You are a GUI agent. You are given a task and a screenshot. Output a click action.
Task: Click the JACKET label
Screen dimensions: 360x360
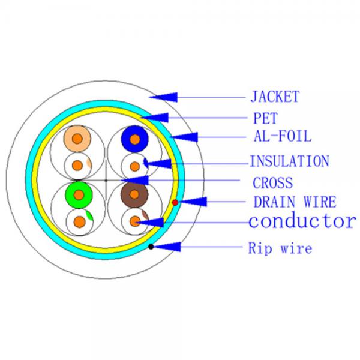pyautogui.click(x=275, y=97)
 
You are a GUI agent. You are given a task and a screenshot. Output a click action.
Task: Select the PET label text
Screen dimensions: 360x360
pyautogui.click(x=265, y=118)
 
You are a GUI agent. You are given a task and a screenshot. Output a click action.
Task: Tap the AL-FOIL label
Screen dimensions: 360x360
pyautogui.click(x=283, y=136)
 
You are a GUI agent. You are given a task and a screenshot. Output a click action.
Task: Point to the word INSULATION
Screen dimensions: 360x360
pyautogui.click(x=290, y=161)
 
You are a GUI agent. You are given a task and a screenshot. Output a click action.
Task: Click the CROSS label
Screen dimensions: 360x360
pyautogui.click(x=273, y=183)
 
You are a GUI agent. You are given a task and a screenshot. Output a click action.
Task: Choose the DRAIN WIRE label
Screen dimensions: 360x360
pyautogui.click(x=295, y=202)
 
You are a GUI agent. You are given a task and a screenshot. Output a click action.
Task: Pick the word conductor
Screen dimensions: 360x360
pyautogui.click(x=302, y=221)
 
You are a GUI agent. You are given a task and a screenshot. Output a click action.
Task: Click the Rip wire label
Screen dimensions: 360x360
pyautogui.click(x=280, y=248)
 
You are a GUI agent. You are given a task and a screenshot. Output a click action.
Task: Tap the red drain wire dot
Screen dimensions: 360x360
pyautogui.click(x=175, y=203)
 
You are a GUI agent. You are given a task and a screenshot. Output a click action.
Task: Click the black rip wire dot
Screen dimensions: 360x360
pyautogui.click(x=151, y=247)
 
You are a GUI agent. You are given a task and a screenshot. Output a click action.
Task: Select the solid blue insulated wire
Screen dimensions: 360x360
pyautogui.click(x=135, y=139)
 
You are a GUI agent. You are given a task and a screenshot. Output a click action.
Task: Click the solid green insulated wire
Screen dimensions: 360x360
pyautogui.click(x=79, y=194)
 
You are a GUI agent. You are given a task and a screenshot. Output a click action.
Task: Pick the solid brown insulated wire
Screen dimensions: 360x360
pyautogui.click(x=134, y=194)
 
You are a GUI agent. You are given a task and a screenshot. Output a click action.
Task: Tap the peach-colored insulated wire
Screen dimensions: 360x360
pyautogui.click(x=77, y=139)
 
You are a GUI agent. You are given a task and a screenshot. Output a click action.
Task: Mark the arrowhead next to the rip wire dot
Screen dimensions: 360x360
pyautogui.click(x=167, y=247)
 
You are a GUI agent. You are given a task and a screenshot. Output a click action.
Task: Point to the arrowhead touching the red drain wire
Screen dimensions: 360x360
pyautogui.click(x=193, y=202)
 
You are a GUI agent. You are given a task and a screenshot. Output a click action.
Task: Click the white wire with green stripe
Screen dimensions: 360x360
pyautogui.click(x=80, y=222)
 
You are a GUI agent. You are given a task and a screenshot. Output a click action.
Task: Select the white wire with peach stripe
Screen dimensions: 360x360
pyautogui.click(x=78, y=165)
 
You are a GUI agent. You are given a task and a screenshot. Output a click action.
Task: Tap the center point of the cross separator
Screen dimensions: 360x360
pyautogui.click(x=106, y=181)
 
